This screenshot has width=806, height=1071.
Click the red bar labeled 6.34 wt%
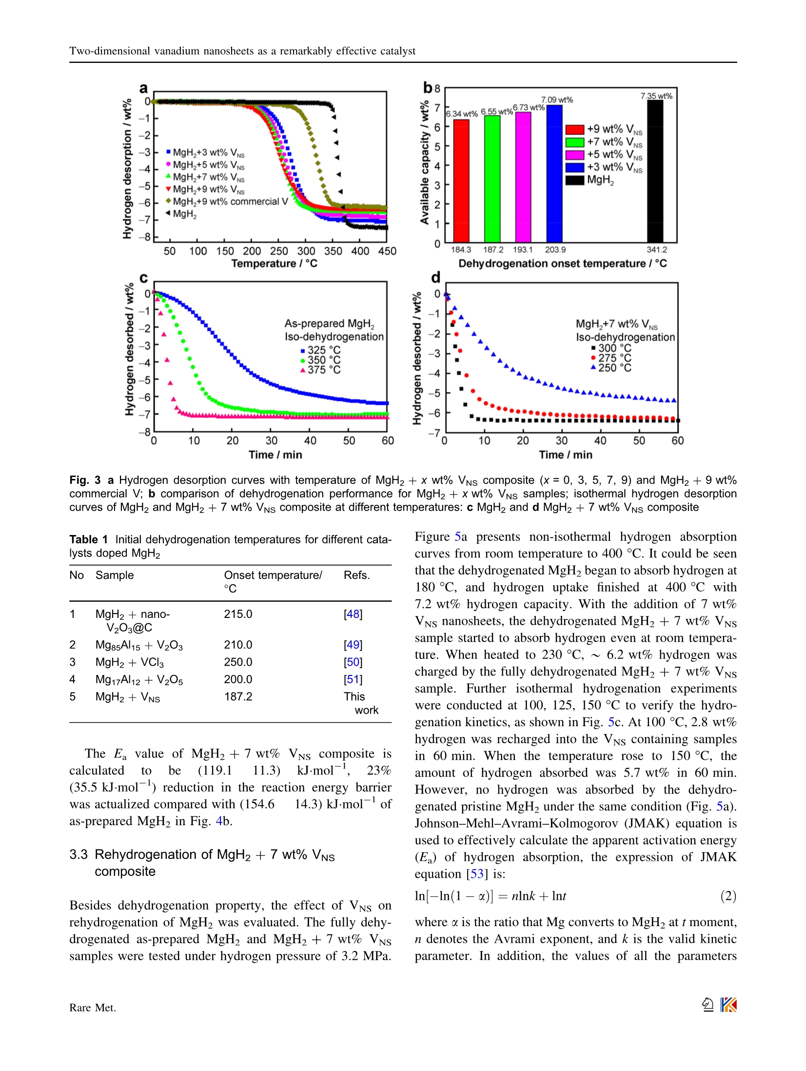[x=461, y=180]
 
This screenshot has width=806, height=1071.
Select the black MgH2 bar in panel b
[x=655, y=171]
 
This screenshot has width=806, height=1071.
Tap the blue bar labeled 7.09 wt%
[x=554, y=173]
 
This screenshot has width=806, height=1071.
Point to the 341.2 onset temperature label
[x=656, y=250]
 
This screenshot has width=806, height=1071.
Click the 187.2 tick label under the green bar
[x=493, y=250]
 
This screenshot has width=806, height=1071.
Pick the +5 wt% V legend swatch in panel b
[x=575, y=155]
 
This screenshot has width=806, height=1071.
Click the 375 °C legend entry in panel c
[x=320, y=370]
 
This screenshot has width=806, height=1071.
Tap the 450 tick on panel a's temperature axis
[x=387, y=251]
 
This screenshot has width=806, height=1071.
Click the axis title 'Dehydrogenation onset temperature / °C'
[x=562, y=264]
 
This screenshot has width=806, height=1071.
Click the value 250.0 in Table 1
[x=238, y=662]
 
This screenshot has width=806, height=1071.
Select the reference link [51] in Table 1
[x=353, y=679]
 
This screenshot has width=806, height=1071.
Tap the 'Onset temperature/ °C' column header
[x=273, y=581]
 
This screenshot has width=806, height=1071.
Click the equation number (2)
[x=728, y=896]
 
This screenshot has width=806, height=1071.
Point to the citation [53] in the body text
[x=476, y=873]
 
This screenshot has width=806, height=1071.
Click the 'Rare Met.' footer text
[x=93, y=1008]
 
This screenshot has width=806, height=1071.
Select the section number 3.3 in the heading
[x=78, y=854]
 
